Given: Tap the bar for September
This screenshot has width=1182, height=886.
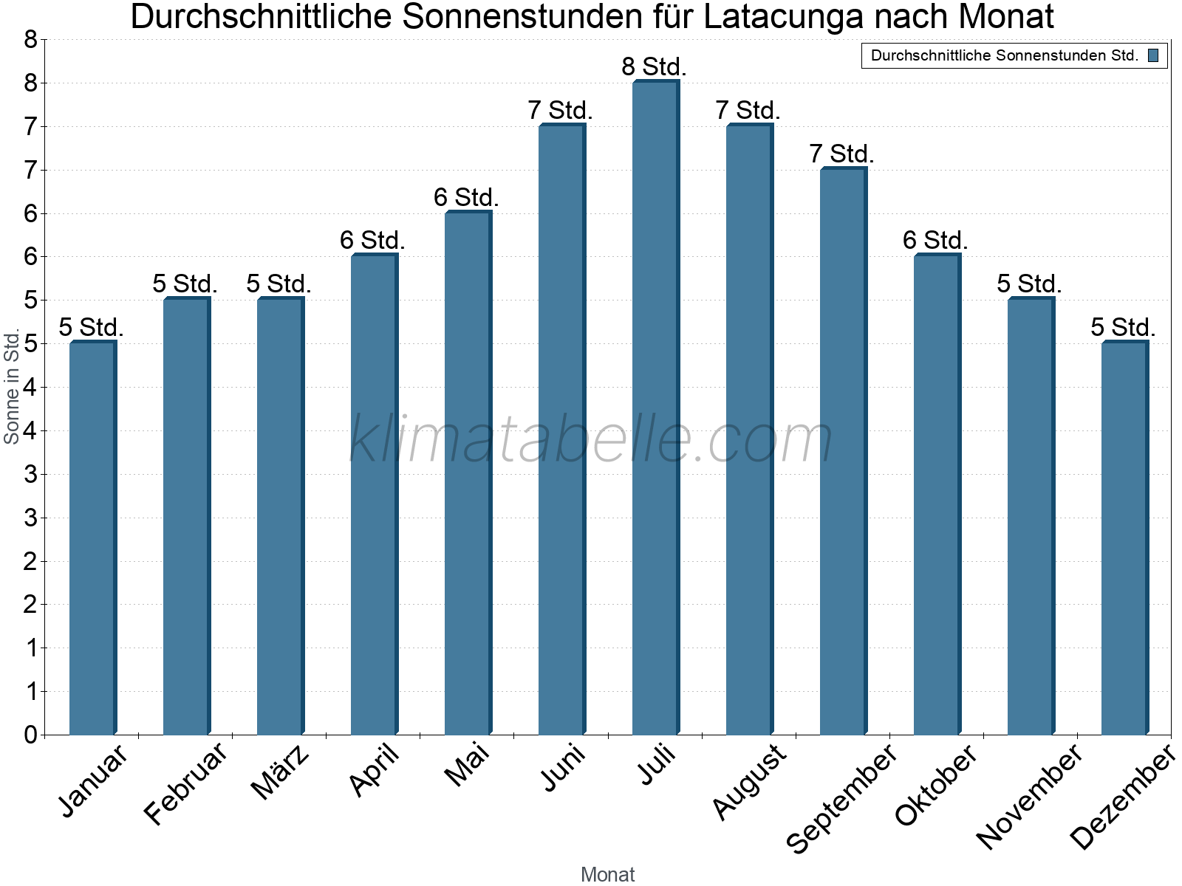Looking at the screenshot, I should coord(843,451).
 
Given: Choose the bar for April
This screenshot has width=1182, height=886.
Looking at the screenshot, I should coord(374,495).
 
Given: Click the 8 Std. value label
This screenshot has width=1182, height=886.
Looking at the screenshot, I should coord(655,67).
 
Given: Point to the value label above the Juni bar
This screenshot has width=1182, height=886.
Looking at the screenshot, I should coord(561,111).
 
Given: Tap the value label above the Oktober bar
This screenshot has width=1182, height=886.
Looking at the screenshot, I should coord(935,241).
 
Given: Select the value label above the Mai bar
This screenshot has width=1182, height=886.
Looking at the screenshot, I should coord(466,197).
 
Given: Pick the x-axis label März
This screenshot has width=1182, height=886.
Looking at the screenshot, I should coord(280,772).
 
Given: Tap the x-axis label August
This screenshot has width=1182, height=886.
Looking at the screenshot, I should coord(749,781).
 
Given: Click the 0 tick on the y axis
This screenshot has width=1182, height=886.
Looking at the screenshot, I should coord(30,735).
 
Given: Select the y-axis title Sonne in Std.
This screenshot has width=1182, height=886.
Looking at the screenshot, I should coord(12,387).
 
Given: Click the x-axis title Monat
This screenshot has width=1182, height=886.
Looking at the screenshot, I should coord(607,874).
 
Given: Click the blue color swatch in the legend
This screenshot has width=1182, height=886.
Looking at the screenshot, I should coord(1153,55).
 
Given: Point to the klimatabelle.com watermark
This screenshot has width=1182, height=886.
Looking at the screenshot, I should coord(591,439).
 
